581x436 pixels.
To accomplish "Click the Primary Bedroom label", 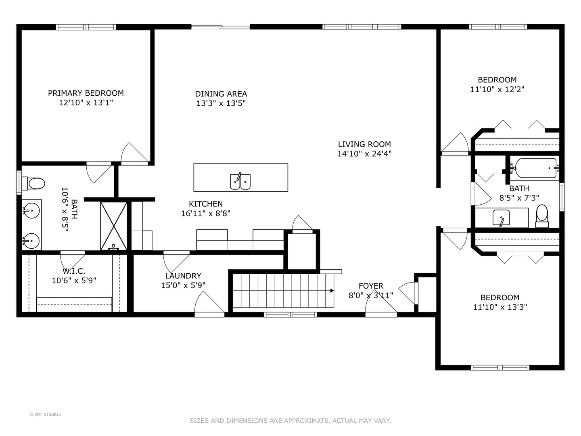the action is click(86, 93).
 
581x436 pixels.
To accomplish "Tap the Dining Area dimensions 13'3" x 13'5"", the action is click(221, 103).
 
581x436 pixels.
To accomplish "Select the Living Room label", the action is click(364, 144).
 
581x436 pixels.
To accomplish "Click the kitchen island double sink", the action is click(240, 181).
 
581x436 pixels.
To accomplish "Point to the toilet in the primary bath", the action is click(33, 183).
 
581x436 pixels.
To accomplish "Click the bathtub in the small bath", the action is click(533, 168).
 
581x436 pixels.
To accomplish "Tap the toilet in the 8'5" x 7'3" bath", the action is click(542, 216).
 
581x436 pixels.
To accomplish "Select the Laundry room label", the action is click(183, 276).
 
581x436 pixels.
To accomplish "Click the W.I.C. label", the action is click(74, 271).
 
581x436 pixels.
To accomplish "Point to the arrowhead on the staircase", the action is click(332, 291).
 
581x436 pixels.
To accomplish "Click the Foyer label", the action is click(371, 286).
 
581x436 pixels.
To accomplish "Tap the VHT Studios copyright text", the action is click(45, 415).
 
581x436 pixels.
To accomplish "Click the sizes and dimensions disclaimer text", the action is click(290, 420).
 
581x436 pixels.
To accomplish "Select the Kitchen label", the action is click(206, 204).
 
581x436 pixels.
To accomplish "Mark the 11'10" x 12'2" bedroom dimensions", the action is click(497, 89).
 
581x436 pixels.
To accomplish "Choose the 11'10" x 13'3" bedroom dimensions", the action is click(500, 307).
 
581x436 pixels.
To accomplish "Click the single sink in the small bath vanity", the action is click(501, 218).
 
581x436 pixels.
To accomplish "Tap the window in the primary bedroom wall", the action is click(86, 27).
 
